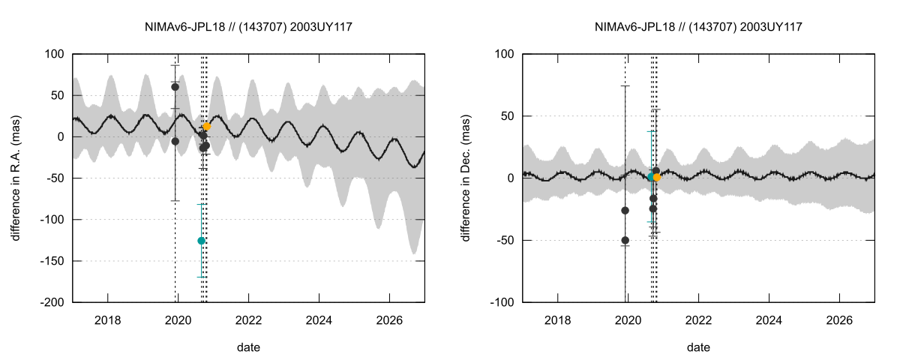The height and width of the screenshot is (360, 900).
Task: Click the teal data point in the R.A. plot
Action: point(201,241)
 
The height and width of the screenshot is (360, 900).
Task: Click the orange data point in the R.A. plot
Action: point(207,127)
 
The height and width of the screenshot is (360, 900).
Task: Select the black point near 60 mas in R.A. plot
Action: point(175,87)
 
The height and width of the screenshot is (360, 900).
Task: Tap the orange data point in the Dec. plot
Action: point(658,177)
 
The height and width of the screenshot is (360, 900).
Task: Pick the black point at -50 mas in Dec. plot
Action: point(625,240)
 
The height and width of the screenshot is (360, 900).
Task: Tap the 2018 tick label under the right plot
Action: point(557,318)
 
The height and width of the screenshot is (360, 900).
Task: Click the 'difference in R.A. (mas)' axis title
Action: point(16,178)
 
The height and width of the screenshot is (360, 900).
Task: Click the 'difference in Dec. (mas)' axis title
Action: point(466,178)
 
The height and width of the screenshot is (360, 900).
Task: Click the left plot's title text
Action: point(249,27)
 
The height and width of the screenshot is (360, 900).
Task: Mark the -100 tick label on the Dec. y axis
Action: point(501,302)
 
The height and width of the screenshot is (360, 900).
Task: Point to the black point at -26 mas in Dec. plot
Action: point(625,210)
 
